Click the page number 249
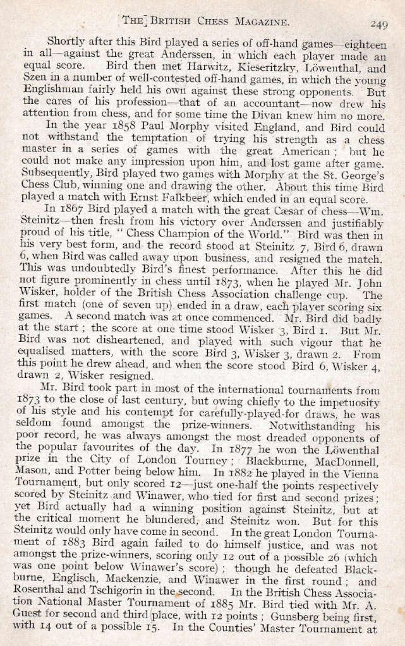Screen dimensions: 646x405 (x=378, y=25)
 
